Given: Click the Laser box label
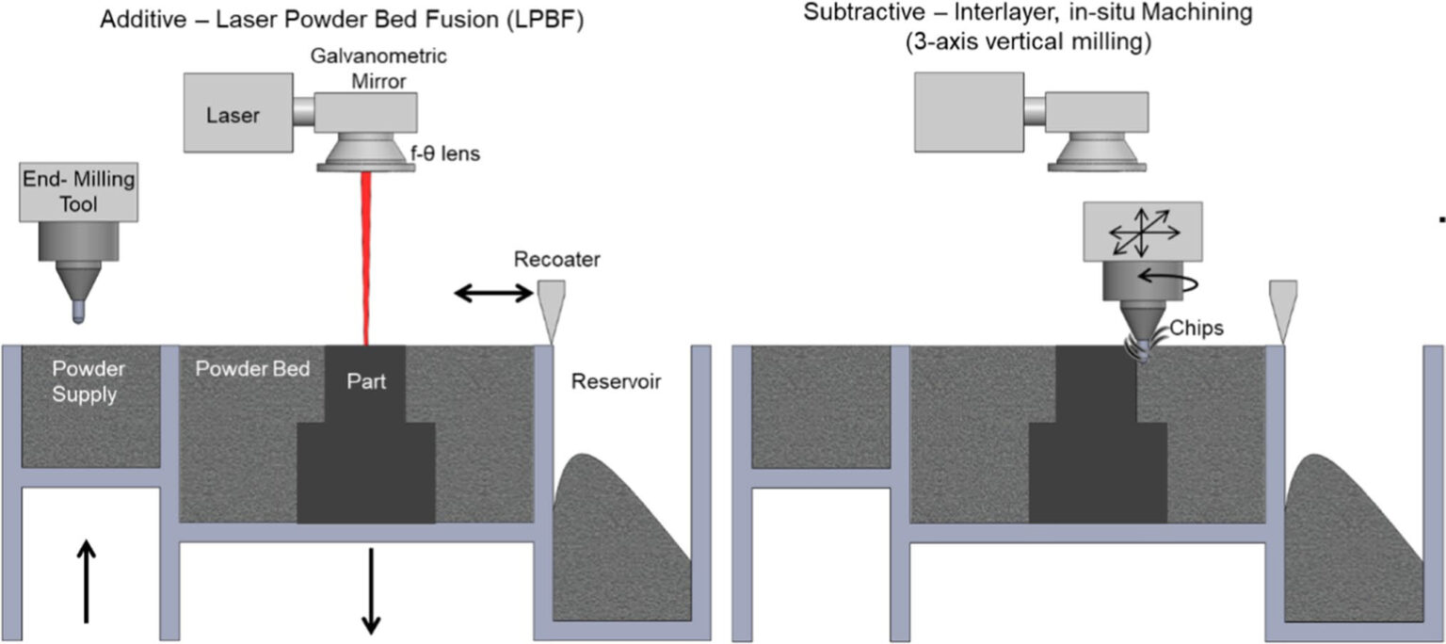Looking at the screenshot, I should [x=233, y=116].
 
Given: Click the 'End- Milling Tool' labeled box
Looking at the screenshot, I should [x=79, y=191].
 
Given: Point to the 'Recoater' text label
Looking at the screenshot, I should [x=557, y=259].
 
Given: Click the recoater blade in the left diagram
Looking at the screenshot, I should [x=550, y=307].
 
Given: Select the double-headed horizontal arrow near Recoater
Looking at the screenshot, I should [x=494, y=294].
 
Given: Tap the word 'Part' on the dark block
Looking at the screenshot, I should [x=365, y=382].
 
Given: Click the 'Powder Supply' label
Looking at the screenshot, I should [x=87, y=381].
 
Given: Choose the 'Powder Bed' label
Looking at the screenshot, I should [x=252, y=369].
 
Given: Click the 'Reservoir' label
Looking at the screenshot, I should [x=617, y=381].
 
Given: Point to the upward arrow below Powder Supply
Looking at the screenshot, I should [x=86, y=580].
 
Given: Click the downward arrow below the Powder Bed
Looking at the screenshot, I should [x=371, y=590].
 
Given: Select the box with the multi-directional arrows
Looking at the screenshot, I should [x=1142, y=230].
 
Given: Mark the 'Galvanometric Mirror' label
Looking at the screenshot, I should [x=379, y=69].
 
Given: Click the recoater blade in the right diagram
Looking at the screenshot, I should [x=1279, y=307].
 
